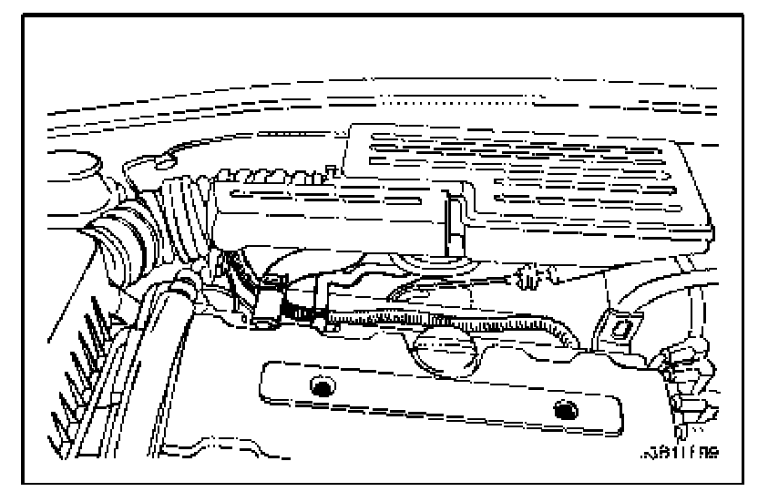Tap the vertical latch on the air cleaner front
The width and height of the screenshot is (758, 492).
[449, 223]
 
